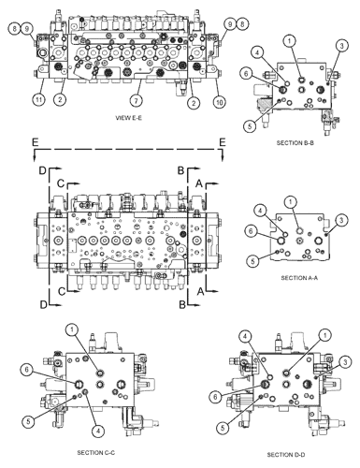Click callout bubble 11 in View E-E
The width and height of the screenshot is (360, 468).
(38, 100)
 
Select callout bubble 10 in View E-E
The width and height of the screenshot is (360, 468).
(220, 102)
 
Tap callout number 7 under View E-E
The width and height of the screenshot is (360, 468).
(137, 100)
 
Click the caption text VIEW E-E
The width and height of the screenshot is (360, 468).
(129, 118)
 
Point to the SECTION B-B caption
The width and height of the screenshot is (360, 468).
(295, 143)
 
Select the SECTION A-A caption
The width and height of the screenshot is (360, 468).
(299, 278)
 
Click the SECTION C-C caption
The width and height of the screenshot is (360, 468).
(96, 452)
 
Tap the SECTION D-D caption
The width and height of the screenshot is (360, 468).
(286, 455)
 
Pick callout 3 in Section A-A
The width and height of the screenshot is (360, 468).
(341, 220)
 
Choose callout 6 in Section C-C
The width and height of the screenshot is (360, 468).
(26, 370)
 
